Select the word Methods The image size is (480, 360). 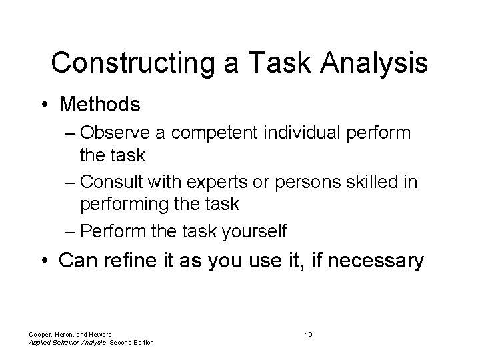(100, 104)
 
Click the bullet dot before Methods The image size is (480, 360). (44, 104)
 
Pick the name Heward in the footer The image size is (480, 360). (97, 334)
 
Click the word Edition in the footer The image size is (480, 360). (141, 343)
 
